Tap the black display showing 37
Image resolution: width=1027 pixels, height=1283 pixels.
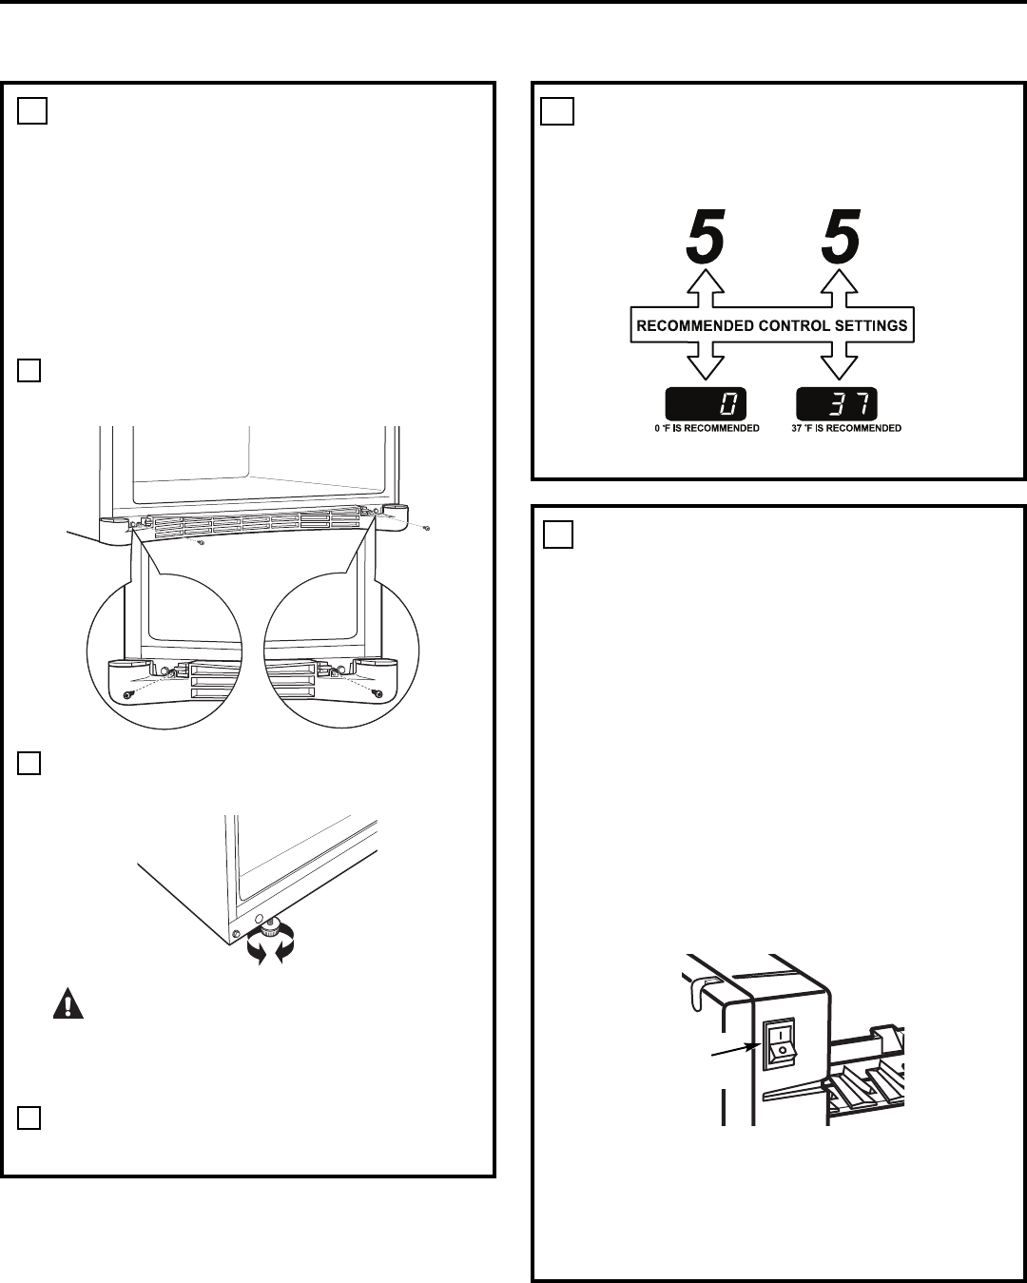coord(837,404)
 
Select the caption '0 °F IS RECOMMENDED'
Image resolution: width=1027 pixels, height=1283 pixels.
coord(707,429)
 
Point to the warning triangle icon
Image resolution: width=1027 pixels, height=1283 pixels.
coord(68,1006)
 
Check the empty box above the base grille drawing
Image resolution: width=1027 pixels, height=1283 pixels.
coord(29,371)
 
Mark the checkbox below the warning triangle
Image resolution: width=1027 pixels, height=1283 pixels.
coord(29,1118)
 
